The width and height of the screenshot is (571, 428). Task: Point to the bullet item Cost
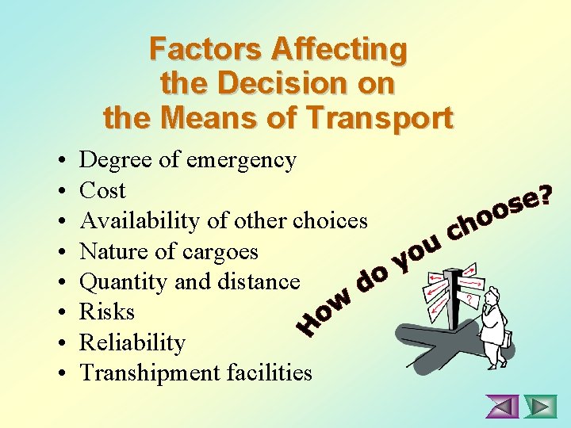tap(103, 190)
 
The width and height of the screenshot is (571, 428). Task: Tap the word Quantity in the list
tap(120, 281)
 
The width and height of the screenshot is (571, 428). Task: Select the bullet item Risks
tap(107, 311)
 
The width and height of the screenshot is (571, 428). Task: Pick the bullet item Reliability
tap(132, 342)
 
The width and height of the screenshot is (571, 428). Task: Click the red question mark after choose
tap(545, 193)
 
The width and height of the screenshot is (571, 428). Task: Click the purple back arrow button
tap(503, 407)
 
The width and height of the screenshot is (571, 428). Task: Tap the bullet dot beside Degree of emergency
tap(62, 161)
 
